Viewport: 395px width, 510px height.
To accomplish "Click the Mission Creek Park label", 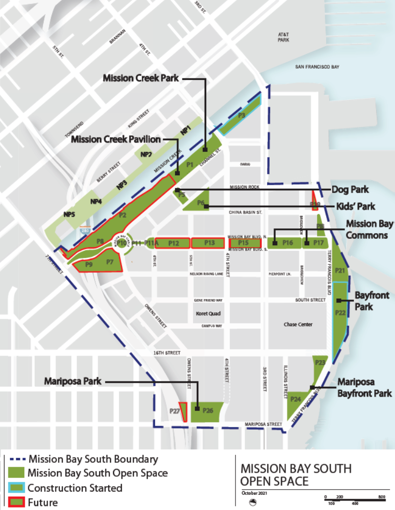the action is (141, 78).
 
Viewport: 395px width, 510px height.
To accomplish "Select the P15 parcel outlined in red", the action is (244, 243).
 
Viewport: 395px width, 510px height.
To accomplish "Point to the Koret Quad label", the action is (208, 314).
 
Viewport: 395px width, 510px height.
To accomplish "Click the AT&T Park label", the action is (283, 37).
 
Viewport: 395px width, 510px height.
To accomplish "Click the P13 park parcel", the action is (209, 243).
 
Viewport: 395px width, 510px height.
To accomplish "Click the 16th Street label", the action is (166, 353).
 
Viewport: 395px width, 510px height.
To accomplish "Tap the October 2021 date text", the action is (254, 493).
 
